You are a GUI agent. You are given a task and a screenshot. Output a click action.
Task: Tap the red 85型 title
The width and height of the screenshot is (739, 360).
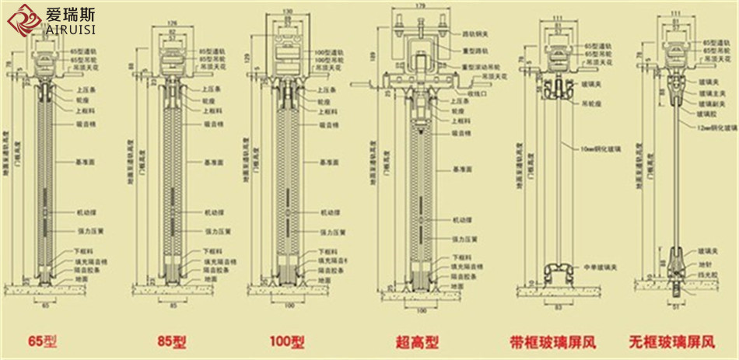(x=171, y=341)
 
